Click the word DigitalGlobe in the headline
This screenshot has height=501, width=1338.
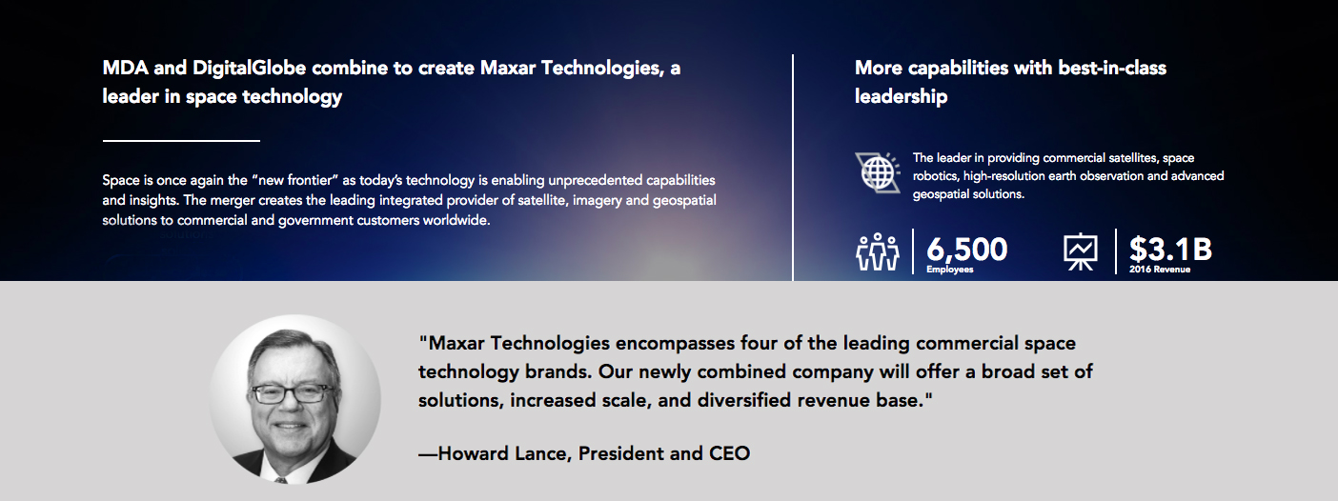click(249, 68)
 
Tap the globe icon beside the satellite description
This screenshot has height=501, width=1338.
click(878, 172)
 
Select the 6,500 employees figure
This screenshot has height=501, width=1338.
click(966, 249)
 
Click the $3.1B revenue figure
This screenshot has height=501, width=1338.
click(1170, 249)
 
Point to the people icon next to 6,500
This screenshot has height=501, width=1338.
click(878, 251)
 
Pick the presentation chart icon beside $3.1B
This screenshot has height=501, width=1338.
click(1080, 251)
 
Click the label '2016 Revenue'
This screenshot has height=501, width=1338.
click(1160, 270)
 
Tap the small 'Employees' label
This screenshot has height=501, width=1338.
click(950, 270)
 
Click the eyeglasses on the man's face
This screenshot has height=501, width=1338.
click(292, 393)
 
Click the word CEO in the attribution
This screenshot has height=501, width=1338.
click(729, 453)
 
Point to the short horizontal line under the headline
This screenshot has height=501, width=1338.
click(181, 141)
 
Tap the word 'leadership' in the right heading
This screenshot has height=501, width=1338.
click(901, 97)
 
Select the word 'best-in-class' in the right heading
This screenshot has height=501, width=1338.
click(1112, 68)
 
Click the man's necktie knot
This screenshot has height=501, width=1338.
click(279, 479)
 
